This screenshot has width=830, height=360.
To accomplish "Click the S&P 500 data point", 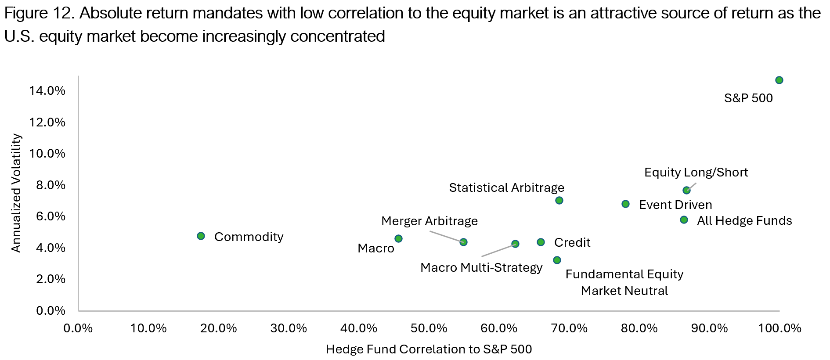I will pyautogui.click(x=779, y=80).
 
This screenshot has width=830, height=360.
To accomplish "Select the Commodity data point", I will pyautogui.click(x=201, y=236).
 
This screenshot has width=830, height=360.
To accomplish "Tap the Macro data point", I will pyautogui.click(x=398, y=239).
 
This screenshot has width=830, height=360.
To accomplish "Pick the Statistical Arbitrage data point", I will pyautogui.click(x=559, y=201).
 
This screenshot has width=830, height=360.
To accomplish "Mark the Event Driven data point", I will pyautogui.click(x=625, y=204).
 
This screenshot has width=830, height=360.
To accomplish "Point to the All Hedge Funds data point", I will pyautogui.click(x=684, y=220).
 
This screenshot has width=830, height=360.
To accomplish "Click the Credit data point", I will pyautogui.click(x=541, y=242).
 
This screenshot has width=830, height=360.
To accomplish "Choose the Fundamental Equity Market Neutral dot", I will pyautogui.click(x=557, y=260).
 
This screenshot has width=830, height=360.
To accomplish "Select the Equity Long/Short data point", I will pyautogui.click(x=686, y=191).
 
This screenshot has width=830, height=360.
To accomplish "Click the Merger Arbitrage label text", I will pyautogui.click(x=429, y=221).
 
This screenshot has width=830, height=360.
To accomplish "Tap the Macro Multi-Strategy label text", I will pyautogui.click(x=481, y=267).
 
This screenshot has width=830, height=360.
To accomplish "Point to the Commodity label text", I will pyautogui.click(x=249, y=237).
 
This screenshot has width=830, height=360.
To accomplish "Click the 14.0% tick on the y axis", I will pyautogui.click(x=47, y=91).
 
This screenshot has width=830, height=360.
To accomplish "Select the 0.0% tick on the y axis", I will pyautogui.click(x=51, y=311).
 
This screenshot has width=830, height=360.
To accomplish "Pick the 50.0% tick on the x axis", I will pyautogui.click(x=429, y=328).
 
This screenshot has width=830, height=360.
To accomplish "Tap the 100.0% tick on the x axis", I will pyautogui.click(x=780, y=328).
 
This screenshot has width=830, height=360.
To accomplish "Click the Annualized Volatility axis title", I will pyautogui.click(x=16, y=193).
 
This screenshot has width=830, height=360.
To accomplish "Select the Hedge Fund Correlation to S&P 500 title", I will pyautogui.click(x=429, y=349).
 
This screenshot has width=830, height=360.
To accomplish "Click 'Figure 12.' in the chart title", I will pyautogui.click(x=39, y=14).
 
